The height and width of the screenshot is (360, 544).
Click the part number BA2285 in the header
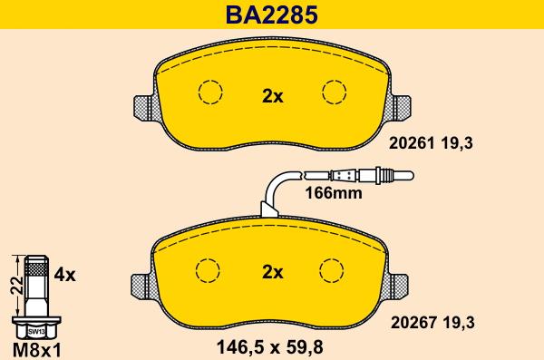click(272, 15)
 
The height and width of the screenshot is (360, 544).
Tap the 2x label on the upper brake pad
click(272, 94)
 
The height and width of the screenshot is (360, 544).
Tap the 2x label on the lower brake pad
click(272, 271)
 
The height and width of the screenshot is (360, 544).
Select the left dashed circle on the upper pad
click(210, 92)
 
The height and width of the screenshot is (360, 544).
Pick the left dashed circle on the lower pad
click(210, 269)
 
